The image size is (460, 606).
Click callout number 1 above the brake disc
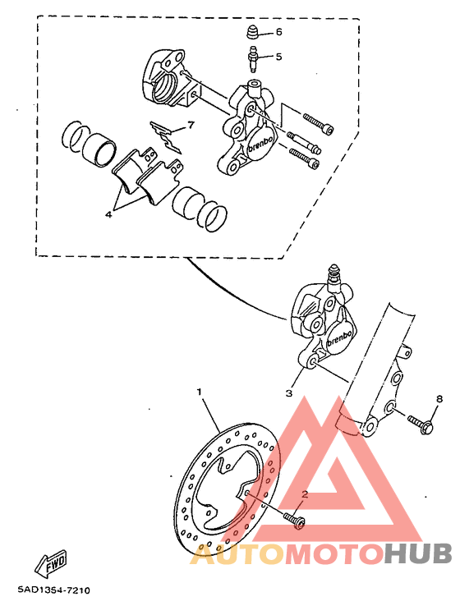[x=199, y=392]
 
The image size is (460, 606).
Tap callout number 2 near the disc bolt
[x=303, y=495]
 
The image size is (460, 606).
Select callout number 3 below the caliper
[x=289, y=393]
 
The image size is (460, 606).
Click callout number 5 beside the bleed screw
[x=278, y=57]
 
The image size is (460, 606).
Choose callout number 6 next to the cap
[x=278, y=32]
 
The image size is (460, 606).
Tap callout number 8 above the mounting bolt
[x=439, y=399]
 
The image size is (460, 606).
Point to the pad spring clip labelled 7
[x=167, y=135]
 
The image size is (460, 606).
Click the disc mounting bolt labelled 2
[x=293, y=519]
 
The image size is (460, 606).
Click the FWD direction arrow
[x=50, y=564]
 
